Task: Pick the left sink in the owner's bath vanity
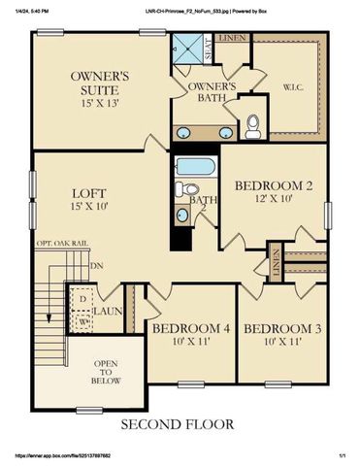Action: (x=185, y=132)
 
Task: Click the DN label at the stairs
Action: (x=95, y=264)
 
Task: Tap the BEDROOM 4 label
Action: (x=190, y=329)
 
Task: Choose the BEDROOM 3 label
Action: (x=283, y=329)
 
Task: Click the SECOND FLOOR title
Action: (x=181, y=424)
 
